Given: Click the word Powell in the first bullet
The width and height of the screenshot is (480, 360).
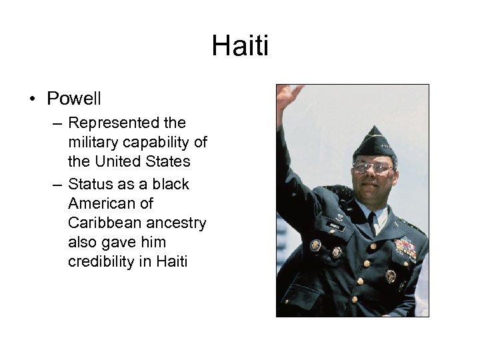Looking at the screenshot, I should coord(74,99).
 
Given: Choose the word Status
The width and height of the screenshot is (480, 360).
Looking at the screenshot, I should coord(91,184).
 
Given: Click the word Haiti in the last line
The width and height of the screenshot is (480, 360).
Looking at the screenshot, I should coord(172,261).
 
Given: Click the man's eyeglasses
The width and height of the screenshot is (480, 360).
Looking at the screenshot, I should coord(371,167).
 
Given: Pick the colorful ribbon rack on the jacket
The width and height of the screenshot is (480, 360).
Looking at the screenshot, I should coord(405,248).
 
